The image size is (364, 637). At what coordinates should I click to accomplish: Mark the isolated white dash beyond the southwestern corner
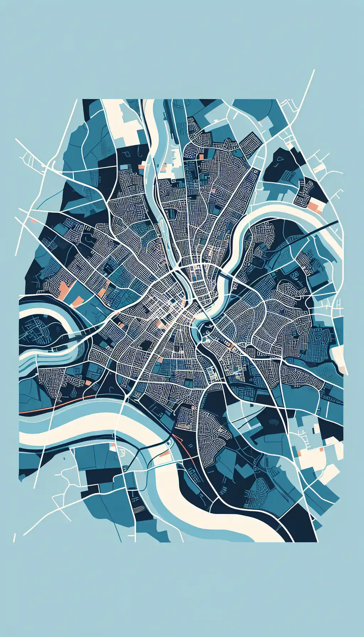[14, 537]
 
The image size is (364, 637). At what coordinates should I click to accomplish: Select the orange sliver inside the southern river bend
[164, 454]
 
